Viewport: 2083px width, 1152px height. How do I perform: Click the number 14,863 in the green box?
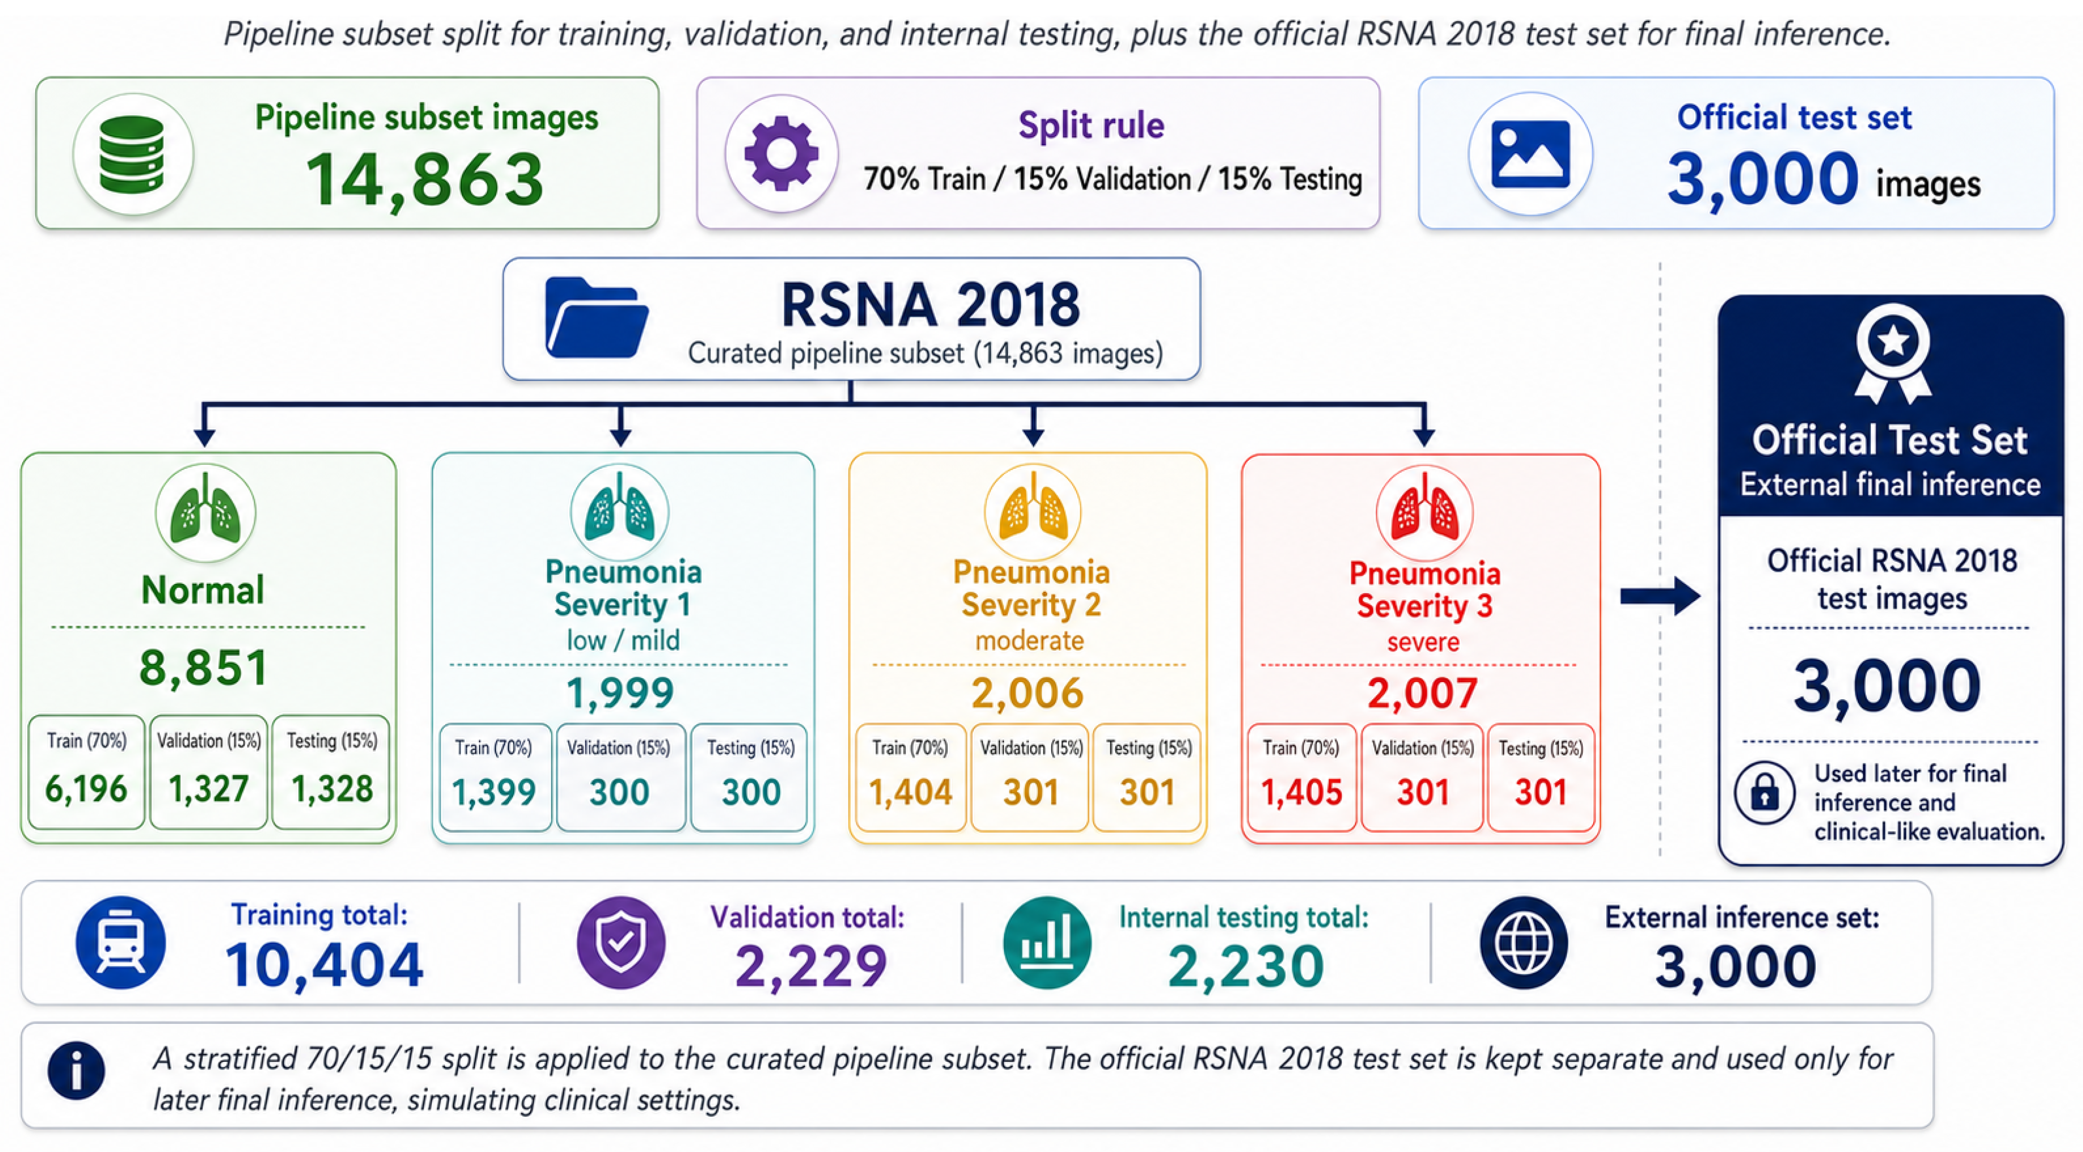click(425, 179)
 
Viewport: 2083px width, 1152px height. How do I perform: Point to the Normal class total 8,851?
click(204, 668)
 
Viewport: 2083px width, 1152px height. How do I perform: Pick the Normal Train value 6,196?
click(86, 789)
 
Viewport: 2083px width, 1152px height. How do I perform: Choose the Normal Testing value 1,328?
click(331, 789)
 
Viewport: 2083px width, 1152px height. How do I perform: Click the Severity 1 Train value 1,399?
click(493, 792)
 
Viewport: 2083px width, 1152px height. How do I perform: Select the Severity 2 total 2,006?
click(1027, 693)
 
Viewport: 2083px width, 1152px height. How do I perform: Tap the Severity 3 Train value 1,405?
click(1301, 792)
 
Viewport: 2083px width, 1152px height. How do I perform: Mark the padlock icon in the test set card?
click(1765, 792)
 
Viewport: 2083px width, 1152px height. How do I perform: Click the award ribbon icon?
click(1893, 354)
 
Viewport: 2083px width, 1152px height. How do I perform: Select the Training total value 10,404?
click(324, 965)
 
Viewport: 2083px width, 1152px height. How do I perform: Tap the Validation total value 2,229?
click(811, 966)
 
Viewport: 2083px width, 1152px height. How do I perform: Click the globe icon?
click(1523, 943)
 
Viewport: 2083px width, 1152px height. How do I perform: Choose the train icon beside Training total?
click(120, 943)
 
